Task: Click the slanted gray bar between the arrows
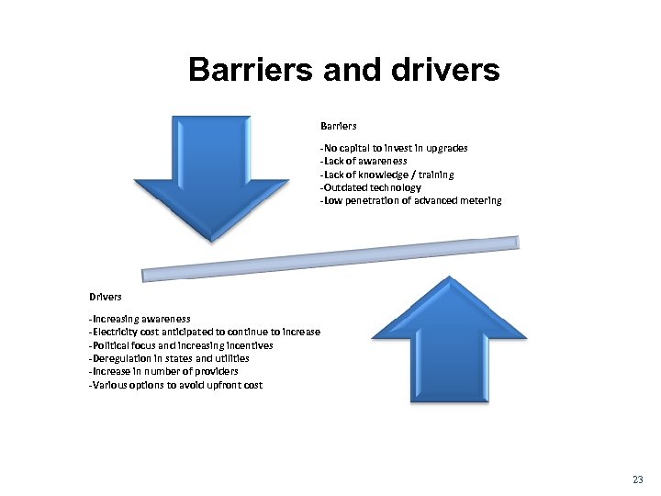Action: click(x=330, y=258)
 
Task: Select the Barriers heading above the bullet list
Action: click(x=339, y=126)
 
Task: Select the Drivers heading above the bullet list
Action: click(x=106, y=297)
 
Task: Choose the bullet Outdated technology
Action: click(x=370, y=187)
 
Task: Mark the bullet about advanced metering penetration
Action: click(x=410, y=200)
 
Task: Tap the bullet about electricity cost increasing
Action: click(x=204, y=332)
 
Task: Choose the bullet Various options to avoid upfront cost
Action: click(x=174, y=385)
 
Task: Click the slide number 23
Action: click(x=639, y=480)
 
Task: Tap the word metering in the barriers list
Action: click(x=481, y=200)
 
